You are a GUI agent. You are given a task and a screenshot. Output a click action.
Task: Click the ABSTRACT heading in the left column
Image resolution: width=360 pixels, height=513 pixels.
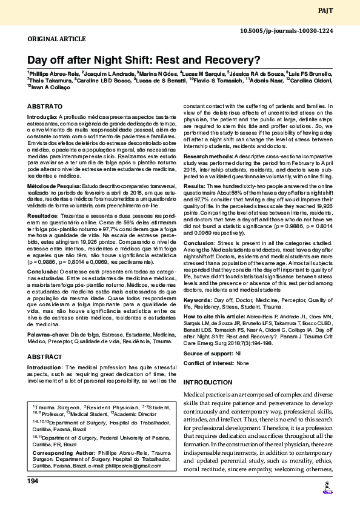(x=44, y=357)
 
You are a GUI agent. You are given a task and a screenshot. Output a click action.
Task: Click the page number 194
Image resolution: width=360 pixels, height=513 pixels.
(x=33, y=481)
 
